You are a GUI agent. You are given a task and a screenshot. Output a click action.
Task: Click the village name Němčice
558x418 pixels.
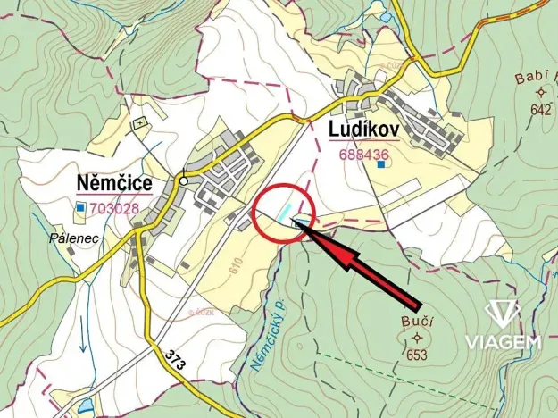point(114,184)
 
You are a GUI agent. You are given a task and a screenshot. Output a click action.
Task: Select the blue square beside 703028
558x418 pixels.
point(80,208)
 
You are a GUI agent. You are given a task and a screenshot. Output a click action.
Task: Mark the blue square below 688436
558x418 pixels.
point(382,164)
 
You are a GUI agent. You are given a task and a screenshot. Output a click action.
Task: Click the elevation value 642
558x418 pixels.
point(541,110)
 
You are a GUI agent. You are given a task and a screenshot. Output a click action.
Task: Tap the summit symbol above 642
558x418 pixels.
point(541,93)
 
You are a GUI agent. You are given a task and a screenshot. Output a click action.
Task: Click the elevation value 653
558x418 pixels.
point(416,355)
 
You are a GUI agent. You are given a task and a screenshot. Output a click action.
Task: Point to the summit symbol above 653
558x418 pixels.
point(417,338)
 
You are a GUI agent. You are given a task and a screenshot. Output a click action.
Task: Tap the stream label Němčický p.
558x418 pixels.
point(264,333)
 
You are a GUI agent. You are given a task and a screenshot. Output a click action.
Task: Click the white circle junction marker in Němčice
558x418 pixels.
point(184,180)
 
